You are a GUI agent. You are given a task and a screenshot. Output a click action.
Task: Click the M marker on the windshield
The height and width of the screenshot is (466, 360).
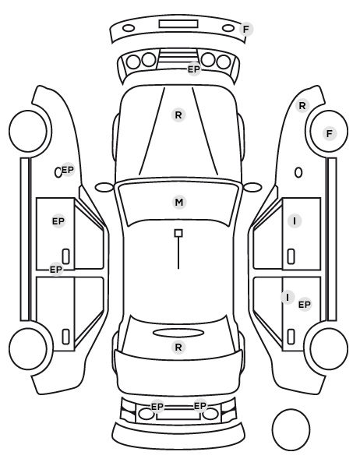click(x=179, y=203)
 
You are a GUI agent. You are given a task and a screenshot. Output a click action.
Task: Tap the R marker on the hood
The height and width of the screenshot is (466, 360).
click(x=178, y=115)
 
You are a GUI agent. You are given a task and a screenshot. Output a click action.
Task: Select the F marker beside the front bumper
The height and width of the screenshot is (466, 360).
click(x=246, y=30)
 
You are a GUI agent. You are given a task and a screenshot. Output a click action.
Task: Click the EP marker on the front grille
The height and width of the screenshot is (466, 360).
click(x=194, y=69)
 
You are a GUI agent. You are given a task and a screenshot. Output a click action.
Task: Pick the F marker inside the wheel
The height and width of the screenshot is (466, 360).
click(x=330, y=134)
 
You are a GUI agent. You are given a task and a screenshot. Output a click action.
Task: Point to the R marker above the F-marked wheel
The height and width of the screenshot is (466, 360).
click(x=302, y=105)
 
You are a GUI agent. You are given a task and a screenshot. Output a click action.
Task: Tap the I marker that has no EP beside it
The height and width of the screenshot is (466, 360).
click(x=295, y=221)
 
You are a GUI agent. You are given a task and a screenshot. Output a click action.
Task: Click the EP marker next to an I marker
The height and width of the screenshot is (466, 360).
click(x=305, y=305)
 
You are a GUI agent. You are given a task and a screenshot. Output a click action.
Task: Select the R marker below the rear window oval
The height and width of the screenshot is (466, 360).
click(x=178, y=347)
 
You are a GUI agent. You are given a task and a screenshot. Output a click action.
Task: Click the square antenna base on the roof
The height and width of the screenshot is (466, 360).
click(x=178, y=233)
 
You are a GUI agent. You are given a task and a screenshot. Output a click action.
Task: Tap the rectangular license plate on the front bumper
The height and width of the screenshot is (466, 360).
click(x=178, y=24)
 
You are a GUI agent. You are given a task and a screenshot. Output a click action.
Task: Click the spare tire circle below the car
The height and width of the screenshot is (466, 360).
click(x=291, y=429)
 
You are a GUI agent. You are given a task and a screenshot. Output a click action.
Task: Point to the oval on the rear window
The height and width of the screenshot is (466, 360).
click(x=178, y=334)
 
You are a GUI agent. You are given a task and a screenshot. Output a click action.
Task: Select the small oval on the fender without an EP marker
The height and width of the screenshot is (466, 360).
click(x=298, y=173)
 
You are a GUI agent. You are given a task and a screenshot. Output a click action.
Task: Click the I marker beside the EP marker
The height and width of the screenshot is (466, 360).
click(x=288, y=297)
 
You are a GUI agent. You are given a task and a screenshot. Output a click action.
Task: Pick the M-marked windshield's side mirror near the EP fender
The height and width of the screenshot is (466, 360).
click(x=104, y=188)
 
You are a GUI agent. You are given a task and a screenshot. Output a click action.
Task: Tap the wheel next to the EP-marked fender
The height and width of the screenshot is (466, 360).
click(x=29, y=131)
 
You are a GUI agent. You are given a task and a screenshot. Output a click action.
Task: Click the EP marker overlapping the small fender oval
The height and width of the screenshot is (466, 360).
click(x=68, y=170)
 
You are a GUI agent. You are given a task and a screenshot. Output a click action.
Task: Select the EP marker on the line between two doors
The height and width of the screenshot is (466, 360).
click(x=56, y=270)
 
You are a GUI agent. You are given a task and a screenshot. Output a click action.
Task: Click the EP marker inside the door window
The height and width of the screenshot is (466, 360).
click(x=58, y=221)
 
